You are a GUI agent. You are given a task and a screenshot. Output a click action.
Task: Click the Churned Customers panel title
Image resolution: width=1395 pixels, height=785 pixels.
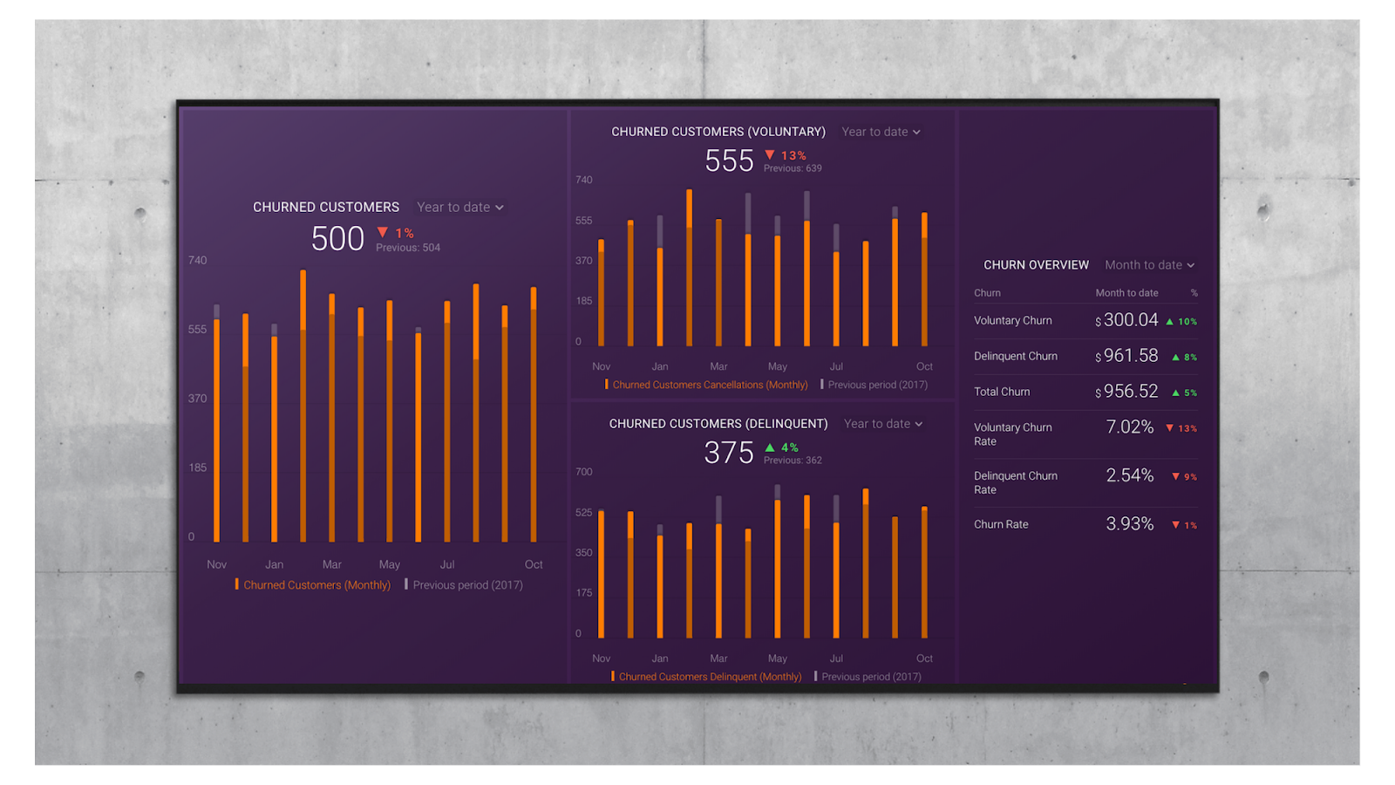pyautogui.click(x=325, y=207)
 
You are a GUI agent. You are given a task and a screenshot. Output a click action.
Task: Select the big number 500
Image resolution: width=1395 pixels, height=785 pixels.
pyautogui.click(x=337, y=238)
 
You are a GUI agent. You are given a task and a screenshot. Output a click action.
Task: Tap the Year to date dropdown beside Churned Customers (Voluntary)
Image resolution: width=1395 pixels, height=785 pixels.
pyautogui.click(x=881, y=132)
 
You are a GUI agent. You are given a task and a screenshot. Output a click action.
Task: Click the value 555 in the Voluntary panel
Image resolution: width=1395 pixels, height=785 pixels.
pyautogui.click(x=729, y=160)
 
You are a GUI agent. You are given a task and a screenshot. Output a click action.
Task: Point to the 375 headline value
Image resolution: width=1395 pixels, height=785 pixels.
pyautogui.click(x=729, y=453)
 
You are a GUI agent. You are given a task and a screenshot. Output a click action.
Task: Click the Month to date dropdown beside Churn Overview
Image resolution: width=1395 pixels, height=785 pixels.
pyautogui.click(x=1149, y=265)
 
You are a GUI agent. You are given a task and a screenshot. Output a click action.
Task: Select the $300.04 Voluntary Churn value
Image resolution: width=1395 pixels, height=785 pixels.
pyautogui.click(x=1131, y=320)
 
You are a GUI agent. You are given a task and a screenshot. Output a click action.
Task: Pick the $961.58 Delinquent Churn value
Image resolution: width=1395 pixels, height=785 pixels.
pyautogui.click(x=1131, y=356)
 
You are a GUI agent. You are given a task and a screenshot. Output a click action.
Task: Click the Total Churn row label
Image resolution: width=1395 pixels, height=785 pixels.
pyautogui.click(x=1002, y=392)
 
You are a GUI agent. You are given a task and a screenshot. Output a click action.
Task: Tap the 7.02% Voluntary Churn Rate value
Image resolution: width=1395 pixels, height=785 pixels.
pyautogui.click(x=1130, y=427)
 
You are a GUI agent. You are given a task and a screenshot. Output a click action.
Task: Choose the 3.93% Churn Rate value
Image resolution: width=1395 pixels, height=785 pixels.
pyautogui.click(x=1130, y=523)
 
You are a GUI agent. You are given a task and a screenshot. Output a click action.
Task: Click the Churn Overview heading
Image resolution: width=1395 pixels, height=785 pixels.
pyautogui.click(x=1036, y=265)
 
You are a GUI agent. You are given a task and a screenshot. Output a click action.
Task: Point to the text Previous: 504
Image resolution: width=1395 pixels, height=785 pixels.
pyautogui.click(x=408, y=248)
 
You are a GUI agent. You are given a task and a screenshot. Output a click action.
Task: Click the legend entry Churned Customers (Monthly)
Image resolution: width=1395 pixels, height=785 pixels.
pyautogui.click(x=316, y=585)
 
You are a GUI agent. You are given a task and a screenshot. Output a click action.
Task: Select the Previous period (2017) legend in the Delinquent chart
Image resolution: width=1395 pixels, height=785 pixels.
pyautogui.click(x=871, y=677)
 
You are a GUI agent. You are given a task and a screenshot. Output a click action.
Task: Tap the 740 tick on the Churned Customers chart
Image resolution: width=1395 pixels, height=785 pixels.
pyautogui.click(x=198, y=260)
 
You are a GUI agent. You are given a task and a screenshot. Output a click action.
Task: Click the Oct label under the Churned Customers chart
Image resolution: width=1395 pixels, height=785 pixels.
pyautogui.click(x=534, y=564)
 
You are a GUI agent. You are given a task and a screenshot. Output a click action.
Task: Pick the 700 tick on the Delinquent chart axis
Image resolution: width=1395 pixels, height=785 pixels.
pyautogui.click(x=583, y=472)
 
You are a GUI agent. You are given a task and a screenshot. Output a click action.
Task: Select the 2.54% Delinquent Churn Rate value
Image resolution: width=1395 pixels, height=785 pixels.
pyautogui.click(x=1130, y=475)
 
